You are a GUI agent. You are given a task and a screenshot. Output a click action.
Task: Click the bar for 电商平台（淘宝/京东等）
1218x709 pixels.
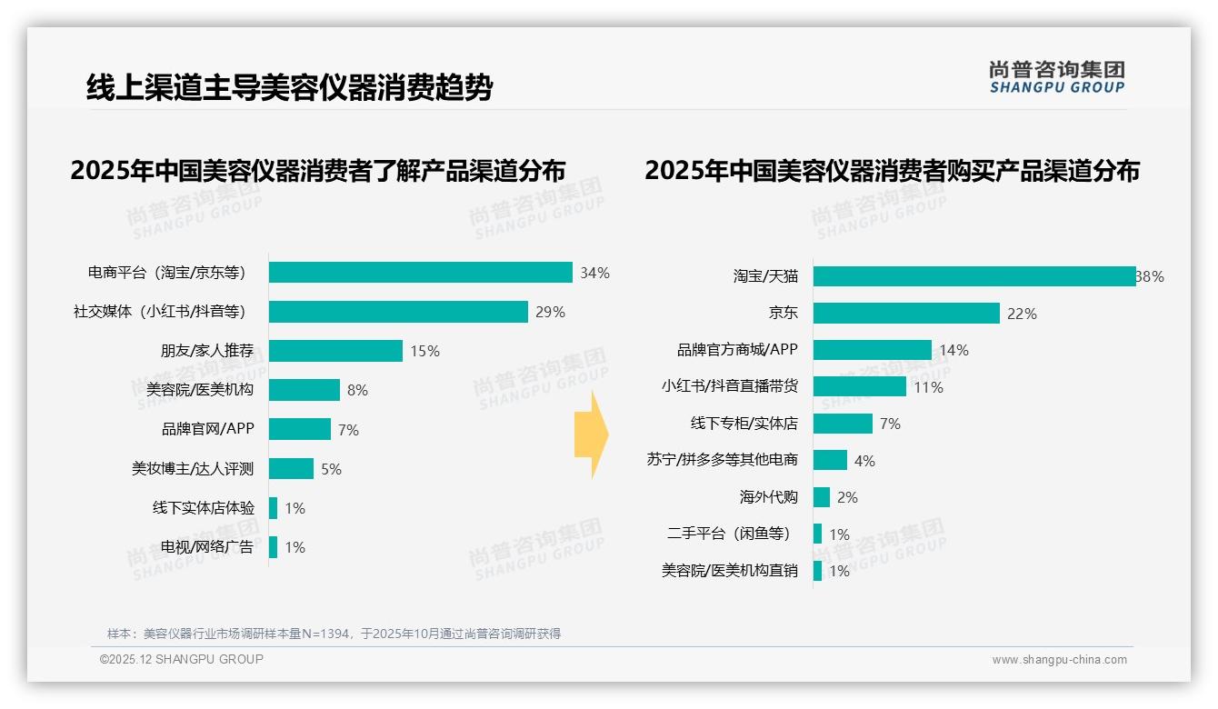coord(420,273)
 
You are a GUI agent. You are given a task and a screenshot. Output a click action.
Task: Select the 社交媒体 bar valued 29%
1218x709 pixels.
coord(398,312)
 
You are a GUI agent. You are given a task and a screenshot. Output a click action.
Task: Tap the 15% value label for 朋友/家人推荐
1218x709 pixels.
coord(424,351)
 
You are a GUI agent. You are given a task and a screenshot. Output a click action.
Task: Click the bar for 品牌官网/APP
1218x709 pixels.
coord(300,429)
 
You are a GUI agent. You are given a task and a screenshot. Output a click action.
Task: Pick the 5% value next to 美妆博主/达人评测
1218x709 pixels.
coord(331,469)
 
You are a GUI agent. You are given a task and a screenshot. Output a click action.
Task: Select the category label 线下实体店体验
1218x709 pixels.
coord(204,508)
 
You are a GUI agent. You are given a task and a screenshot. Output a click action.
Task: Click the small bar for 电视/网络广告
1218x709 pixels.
coord(273,547)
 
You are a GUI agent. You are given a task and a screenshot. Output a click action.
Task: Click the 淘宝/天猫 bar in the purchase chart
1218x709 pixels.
coord(974,276)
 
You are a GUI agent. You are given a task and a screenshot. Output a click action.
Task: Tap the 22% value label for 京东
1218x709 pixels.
coord(1022,314)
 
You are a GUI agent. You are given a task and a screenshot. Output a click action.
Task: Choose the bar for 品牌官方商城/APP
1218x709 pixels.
coord(873,350)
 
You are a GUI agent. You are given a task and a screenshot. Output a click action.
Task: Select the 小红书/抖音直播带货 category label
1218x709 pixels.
coord(730,386)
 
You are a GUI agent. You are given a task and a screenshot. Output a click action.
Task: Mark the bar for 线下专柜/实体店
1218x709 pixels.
coord(843,424)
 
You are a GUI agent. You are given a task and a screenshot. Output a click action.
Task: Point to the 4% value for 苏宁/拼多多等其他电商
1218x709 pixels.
coord(864,461)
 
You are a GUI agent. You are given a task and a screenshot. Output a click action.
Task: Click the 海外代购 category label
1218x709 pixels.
coord(769,497)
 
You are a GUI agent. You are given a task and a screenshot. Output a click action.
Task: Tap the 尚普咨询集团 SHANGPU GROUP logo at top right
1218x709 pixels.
coord(1056,76)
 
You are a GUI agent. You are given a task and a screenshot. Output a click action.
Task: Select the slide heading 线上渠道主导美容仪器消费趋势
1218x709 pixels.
coord(289,87)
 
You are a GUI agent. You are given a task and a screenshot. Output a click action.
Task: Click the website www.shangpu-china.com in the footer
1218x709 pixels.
coord(1059,660)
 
